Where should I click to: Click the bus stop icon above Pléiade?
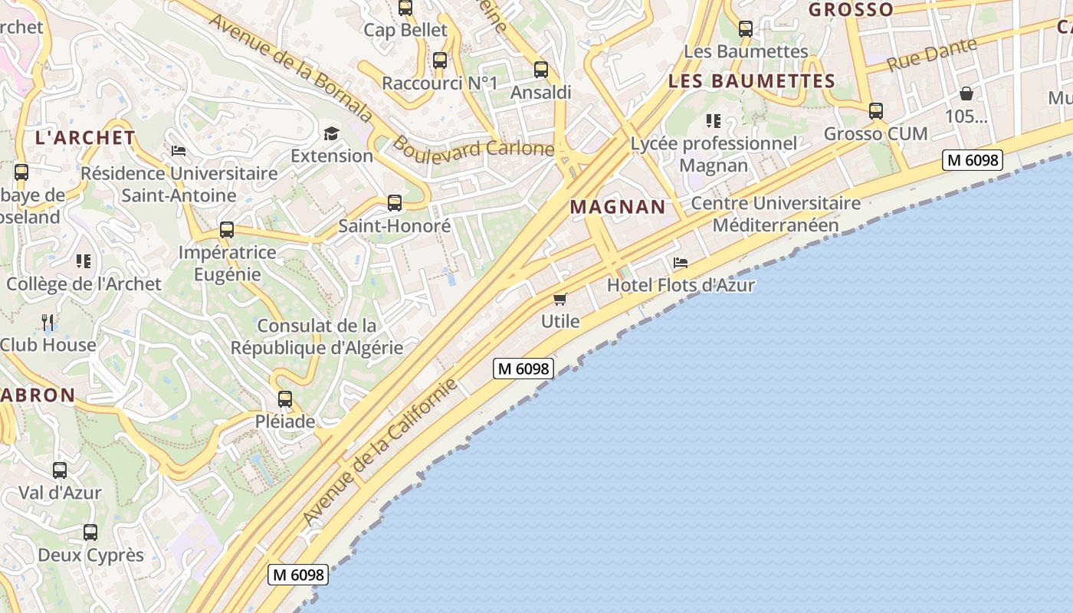[285, 399]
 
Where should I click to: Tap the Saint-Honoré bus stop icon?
[395, 203]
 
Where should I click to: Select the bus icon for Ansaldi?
[541, 70]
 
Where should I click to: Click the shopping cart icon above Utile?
[560, 299]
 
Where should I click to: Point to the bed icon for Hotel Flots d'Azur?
[681, 263]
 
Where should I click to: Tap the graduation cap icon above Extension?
[331, 134]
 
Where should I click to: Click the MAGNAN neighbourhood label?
[618, 207]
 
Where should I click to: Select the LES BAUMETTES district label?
[751, 81]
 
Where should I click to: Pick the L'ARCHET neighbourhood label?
[85, 138]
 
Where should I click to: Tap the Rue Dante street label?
[932, 54]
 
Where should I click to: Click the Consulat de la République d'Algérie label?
[317, 336]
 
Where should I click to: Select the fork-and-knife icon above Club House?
[48, 322]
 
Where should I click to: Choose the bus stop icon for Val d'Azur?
[60, 470]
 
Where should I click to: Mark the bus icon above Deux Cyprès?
[90, 532]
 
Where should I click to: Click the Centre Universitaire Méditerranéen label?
[776, 215]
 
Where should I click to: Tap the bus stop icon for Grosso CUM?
[876, 111]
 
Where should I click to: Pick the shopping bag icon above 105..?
[966, 93]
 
